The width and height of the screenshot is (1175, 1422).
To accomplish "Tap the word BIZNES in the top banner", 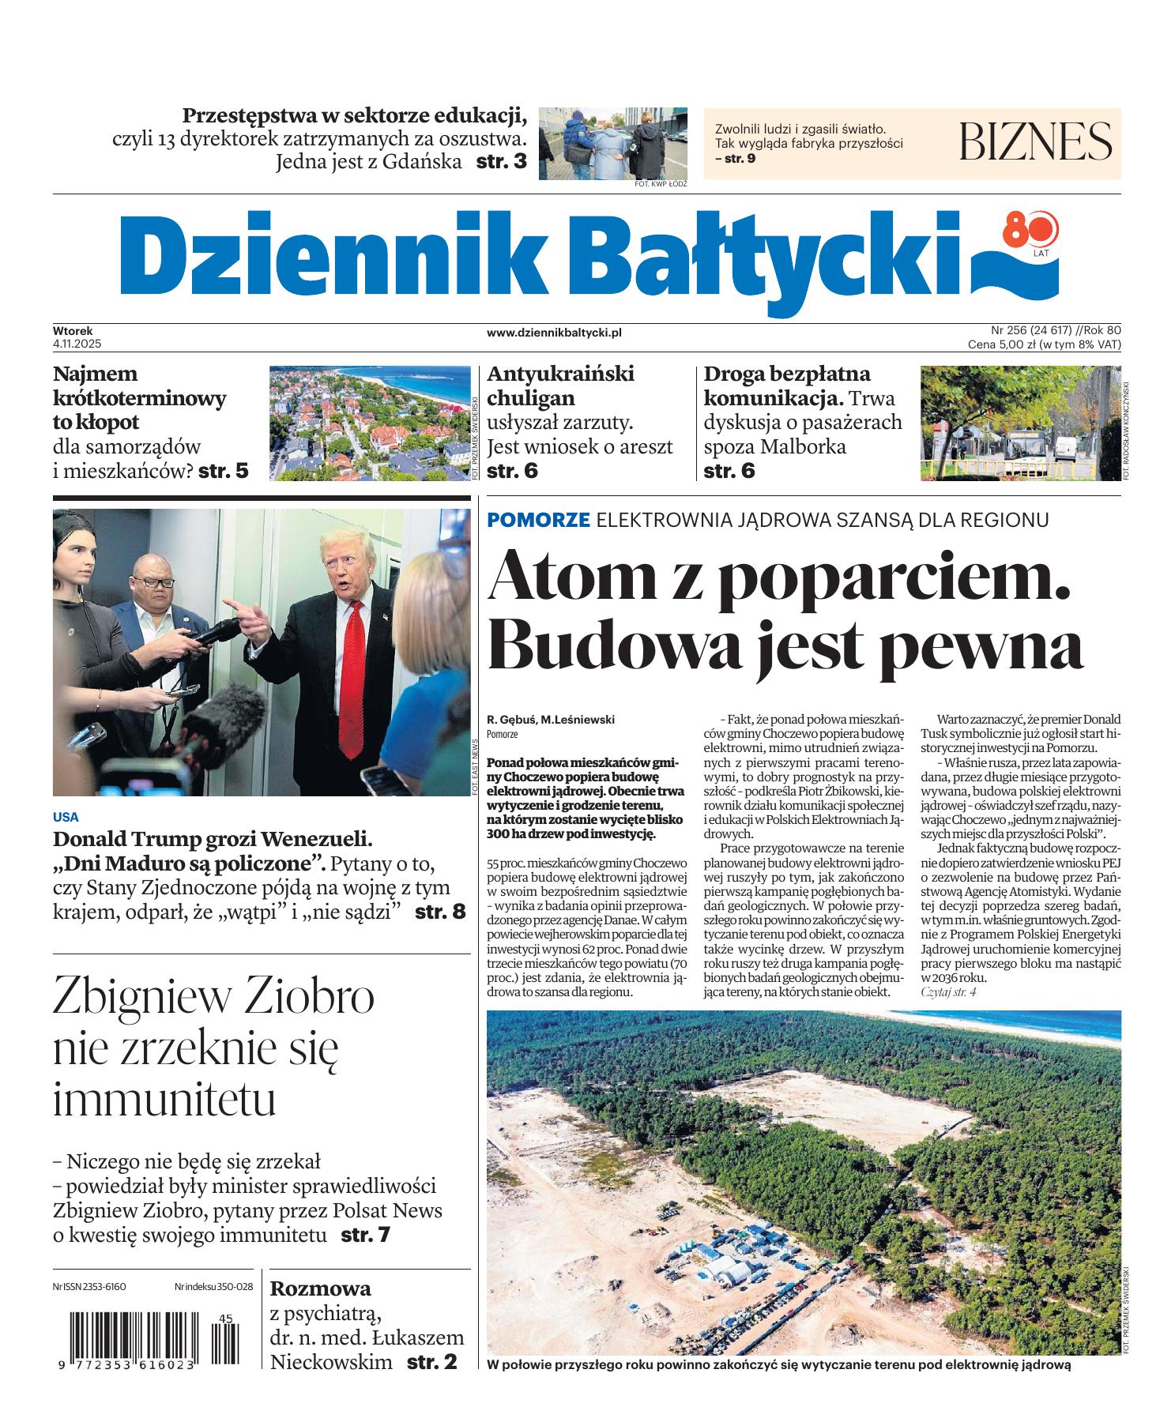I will [1035, 142].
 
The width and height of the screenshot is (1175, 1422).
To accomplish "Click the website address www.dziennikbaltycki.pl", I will [554, 333].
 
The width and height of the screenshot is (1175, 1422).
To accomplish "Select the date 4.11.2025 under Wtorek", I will [73, 344].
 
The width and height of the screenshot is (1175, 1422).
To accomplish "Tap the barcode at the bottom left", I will [147, 1344].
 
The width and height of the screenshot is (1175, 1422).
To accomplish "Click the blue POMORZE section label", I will [539, 520].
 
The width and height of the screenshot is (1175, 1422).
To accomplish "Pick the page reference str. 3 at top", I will [501, 163].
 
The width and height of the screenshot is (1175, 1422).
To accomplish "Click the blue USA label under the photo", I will [66, 817].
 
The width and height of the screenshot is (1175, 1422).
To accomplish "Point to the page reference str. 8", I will [440, 911].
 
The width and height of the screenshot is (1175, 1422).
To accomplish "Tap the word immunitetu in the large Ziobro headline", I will [164, 1099].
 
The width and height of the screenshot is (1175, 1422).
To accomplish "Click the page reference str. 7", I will [365, 1234].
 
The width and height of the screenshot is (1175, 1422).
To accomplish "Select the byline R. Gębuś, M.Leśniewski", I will [551, 719].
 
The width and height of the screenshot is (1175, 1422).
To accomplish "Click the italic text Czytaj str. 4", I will [949, 991].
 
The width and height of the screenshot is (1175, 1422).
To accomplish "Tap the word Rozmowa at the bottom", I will [320, 1288].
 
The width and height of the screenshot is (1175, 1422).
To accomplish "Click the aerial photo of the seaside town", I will [368, 423].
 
